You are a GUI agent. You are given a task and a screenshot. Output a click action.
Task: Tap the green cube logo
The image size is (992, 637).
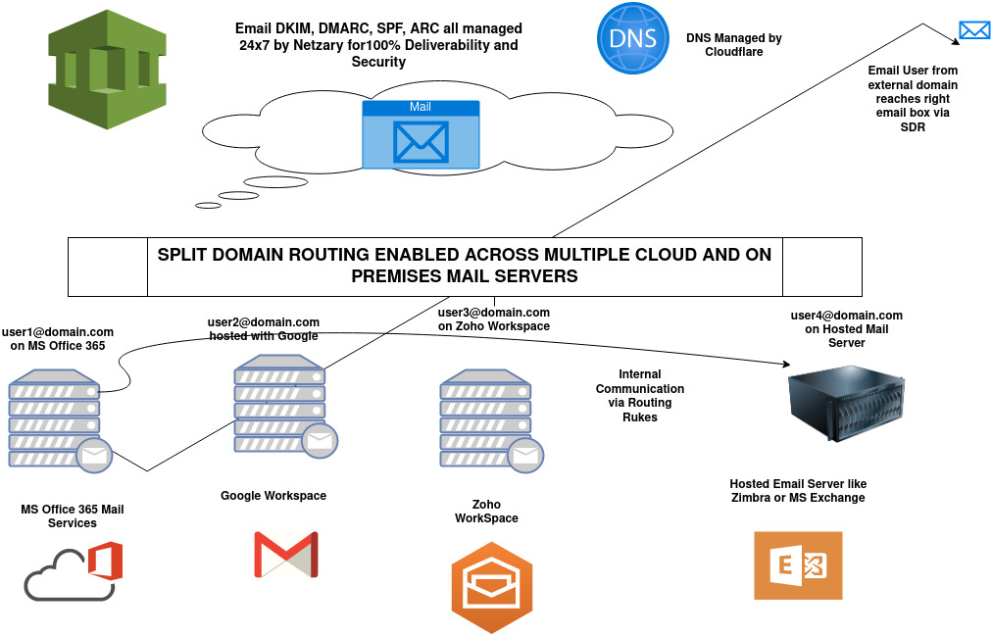(x=106, y=71)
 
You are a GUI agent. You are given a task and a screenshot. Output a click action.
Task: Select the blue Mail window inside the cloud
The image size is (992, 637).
(x=421, y=133)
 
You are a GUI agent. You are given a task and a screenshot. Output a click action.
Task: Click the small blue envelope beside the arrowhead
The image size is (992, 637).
(x=974, y=29)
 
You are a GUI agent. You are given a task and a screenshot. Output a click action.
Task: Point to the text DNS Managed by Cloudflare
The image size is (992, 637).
(x=733, y=45)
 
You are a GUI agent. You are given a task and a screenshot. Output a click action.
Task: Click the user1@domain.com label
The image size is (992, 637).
(x=58, y=338)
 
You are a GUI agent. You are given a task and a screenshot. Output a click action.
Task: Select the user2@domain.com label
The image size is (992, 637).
(x=264, y=328)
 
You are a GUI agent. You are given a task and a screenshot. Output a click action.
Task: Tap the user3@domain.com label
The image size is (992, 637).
(x=493, y=318)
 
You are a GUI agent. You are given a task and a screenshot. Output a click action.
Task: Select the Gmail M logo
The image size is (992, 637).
(x=285, y=555)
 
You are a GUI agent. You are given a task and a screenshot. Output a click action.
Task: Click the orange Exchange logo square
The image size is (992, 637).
(x=798, y=565)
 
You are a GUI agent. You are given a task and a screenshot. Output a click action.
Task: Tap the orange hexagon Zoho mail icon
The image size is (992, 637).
(x=492, y=586)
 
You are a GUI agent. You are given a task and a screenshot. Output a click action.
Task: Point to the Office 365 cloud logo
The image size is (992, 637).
(x=74, y=571)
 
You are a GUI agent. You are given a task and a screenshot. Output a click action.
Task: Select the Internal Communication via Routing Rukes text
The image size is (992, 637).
(x=640, y=395)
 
